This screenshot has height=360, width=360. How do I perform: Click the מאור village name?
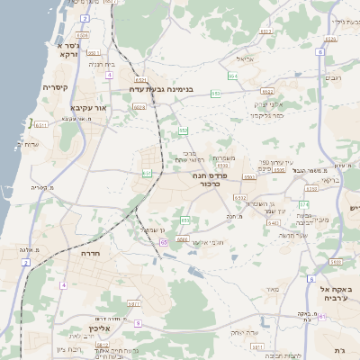(274, 290)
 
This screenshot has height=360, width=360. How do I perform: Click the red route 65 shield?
(165, 242)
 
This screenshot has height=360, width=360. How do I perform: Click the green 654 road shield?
(232, 76)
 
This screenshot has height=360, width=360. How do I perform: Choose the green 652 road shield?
(184, 131)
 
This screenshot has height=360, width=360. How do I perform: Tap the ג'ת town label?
(339, 349)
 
